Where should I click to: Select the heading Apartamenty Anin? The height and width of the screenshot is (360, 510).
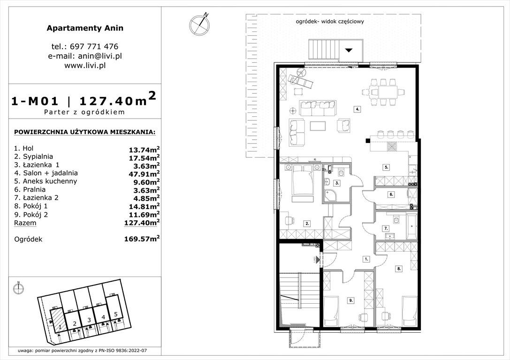(85, 28)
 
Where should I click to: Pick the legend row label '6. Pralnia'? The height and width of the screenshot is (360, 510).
(30, 189)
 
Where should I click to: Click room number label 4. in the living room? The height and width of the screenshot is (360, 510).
(357, 109)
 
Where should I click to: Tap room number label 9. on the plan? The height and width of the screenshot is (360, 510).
(350, 300)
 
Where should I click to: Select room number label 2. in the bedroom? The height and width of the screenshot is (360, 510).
(306, 224)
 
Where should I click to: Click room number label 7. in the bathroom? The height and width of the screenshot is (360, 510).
(386, 229)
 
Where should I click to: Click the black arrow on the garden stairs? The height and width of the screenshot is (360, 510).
(349, 50)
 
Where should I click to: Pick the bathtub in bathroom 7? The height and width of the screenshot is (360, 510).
(411, 226)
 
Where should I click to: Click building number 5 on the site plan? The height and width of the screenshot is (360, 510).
(115, 315)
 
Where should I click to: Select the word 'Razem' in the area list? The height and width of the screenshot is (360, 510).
(24, 223)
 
